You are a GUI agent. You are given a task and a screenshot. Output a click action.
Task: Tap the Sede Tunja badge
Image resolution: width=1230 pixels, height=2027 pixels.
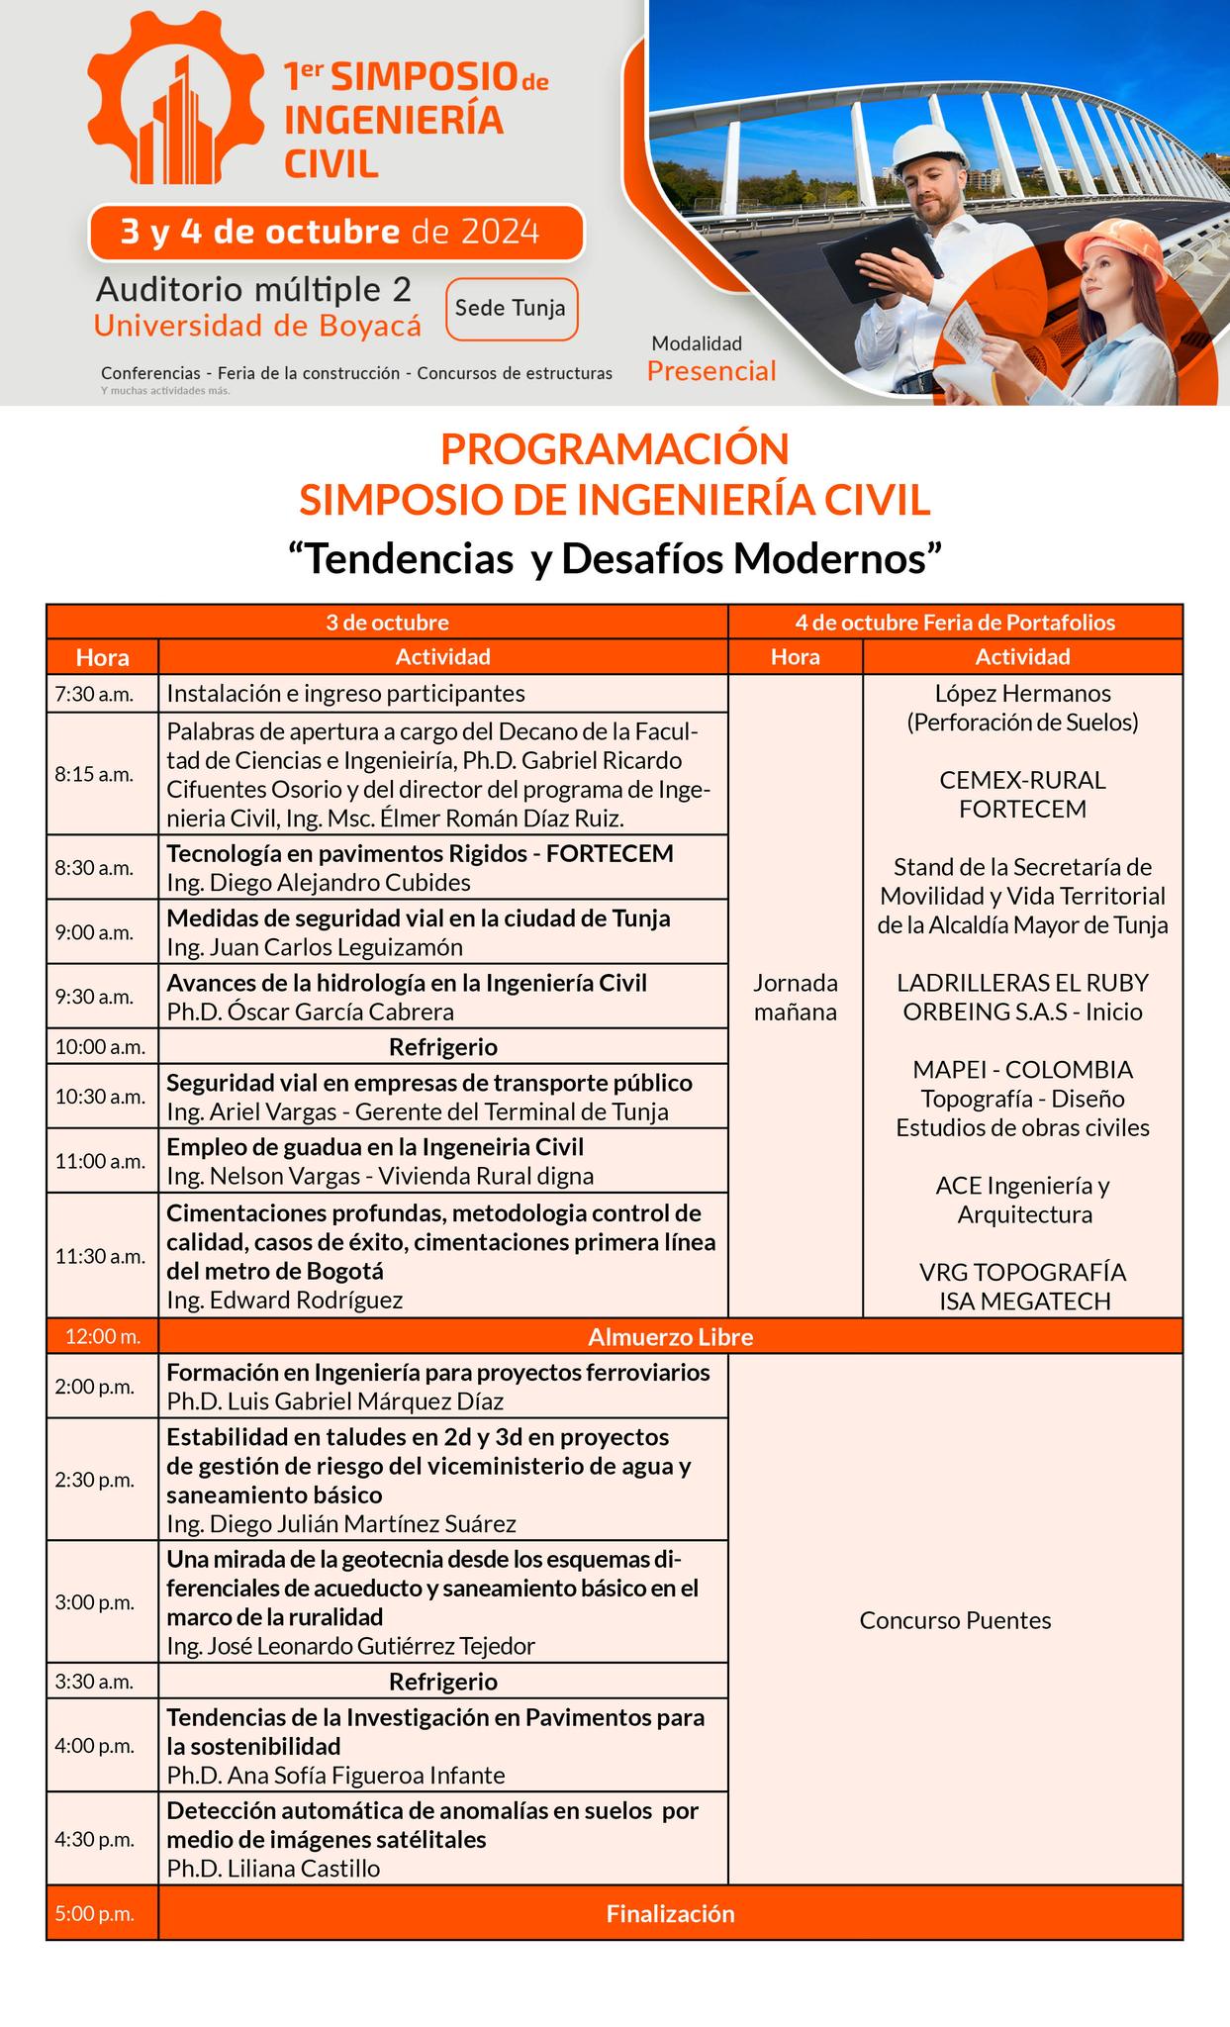pos(511,309)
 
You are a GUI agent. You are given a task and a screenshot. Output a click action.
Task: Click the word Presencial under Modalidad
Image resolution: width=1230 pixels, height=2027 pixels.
pos(711,371)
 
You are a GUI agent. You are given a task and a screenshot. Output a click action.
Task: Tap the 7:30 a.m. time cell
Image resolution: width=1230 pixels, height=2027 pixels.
pos(94,694)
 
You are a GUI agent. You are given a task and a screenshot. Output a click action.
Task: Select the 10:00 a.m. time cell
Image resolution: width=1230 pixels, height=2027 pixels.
pos(100,1046)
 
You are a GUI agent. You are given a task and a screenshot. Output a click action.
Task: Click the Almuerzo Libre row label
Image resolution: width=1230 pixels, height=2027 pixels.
pos(670,1337)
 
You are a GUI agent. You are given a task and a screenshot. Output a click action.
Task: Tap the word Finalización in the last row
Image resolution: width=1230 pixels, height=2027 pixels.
pos(670,1913)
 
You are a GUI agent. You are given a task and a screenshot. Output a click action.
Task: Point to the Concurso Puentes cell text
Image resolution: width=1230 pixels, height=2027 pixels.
pos(955,1620)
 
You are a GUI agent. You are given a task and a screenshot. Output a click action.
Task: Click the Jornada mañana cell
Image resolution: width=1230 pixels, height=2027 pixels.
pos(796,997)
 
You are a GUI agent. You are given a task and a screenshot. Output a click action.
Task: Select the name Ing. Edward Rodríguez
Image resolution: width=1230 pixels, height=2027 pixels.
pos(285,1300)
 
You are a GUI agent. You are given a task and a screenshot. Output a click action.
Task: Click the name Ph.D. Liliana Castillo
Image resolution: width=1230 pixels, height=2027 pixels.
pos(273,1868)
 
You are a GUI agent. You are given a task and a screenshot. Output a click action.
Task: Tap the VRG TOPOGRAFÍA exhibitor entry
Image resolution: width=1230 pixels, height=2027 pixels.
pos(1022,1272)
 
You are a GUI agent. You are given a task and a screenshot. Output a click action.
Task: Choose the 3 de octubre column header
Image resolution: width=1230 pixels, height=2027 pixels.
pos(388,623)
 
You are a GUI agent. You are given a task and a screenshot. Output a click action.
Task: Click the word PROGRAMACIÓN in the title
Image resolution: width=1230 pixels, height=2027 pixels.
pos(615,449)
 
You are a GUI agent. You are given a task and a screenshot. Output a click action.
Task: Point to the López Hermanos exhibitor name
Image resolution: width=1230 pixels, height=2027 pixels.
pos(1022,694)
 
